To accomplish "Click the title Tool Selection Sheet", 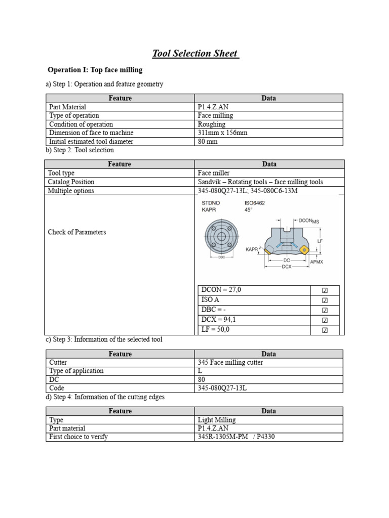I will pos(196,53).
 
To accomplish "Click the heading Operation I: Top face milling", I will pos(95,70).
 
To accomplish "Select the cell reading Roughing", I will pos(212,124).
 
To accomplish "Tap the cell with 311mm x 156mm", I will pos(222,133).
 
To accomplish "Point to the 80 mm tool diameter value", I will pos(208,142).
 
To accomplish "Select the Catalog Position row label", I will pos(71,182).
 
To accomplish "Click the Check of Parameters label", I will pos(76,232).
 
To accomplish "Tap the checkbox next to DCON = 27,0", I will pos(325,290).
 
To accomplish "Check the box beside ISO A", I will pos(325,300).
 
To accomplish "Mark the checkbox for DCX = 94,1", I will pos(325,320).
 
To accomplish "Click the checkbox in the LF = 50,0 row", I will pos(325,330).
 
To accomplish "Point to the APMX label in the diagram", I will pos(316,262).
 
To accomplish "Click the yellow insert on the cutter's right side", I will pos(304,249).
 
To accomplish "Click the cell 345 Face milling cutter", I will pos(230,363).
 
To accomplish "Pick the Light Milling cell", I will pos(216,420).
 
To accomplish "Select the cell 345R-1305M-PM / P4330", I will pos(236,437).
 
